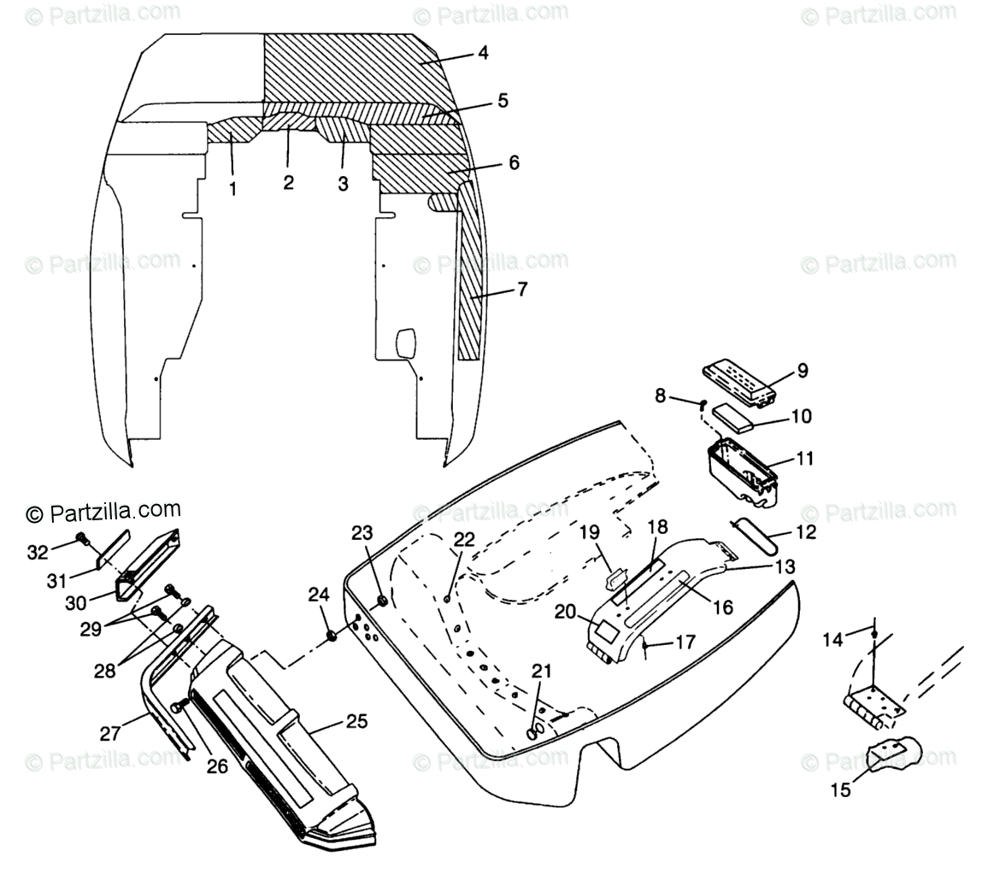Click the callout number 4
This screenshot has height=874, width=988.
tap(483, 53)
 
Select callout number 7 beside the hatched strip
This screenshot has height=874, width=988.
tap(521, 290)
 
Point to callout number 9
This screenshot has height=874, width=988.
tap(802, 371)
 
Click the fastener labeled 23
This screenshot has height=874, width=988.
tap(382, 601)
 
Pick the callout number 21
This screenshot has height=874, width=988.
tap(542, 672)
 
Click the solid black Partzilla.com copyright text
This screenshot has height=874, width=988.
tap(103, 512)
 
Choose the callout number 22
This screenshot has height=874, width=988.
tap(463, 539)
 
